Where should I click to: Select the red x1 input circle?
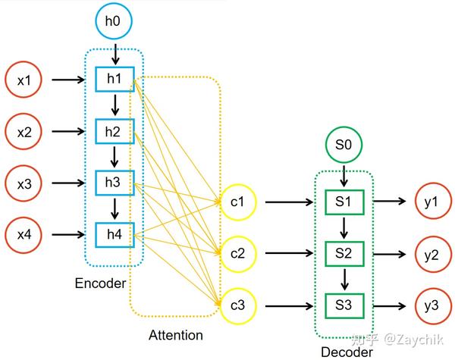24,79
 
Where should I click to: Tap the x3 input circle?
24,183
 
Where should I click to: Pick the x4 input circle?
24,234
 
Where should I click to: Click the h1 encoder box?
115,79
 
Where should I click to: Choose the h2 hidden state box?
115,131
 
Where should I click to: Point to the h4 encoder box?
115,234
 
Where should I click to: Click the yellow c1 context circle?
238,203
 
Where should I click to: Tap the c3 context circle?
238,305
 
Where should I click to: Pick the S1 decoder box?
344,203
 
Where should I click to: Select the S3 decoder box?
344,305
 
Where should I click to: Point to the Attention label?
176,334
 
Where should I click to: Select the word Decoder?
346,352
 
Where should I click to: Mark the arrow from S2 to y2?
388,254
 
